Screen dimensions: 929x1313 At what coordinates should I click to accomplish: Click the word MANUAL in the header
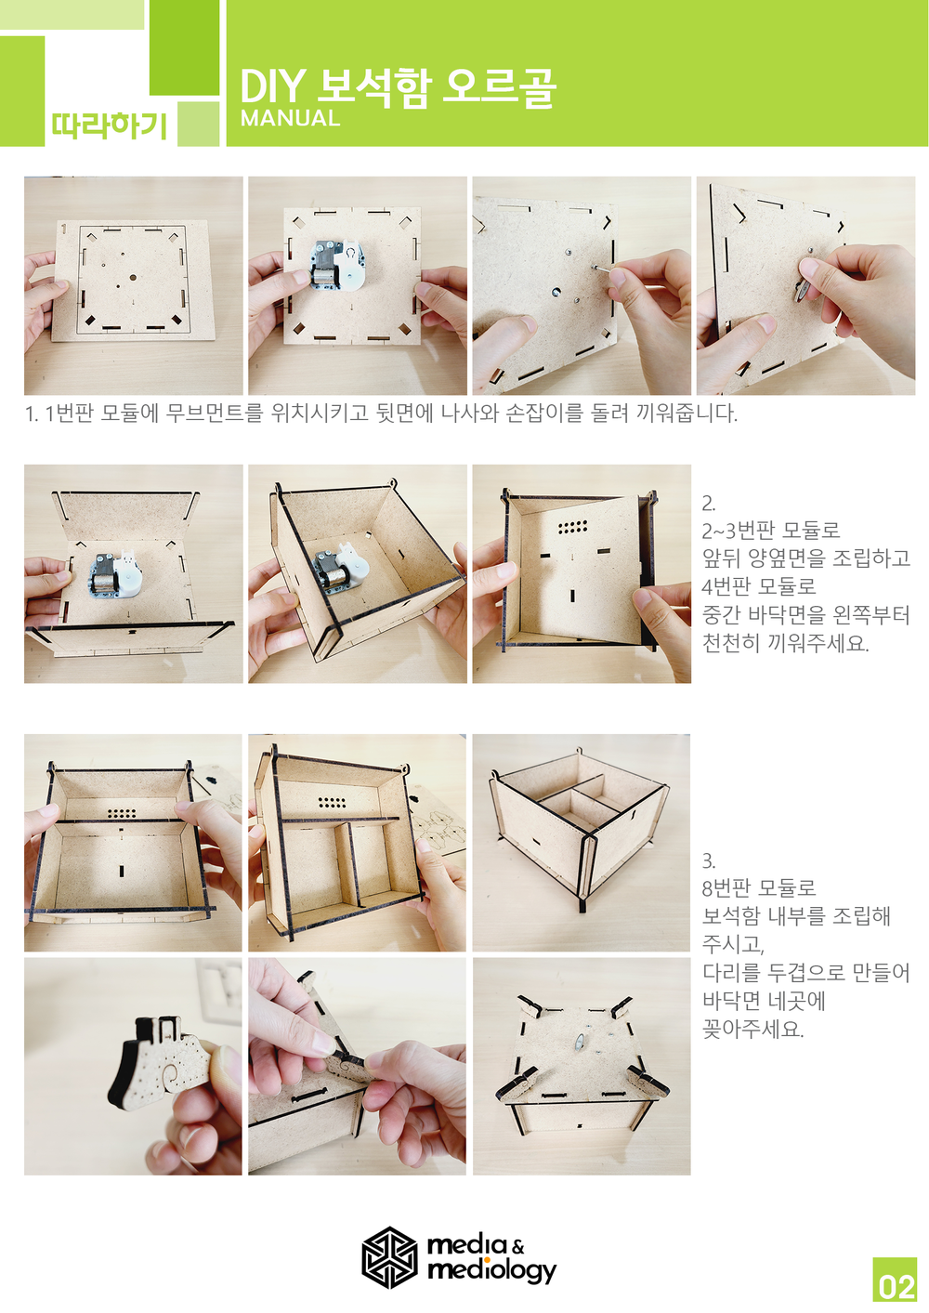click(290, 118)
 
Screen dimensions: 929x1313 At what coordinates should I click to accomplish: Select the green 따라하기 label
click(110, 125)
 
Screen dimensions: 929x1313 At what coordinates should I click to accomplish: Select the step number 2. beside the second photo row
click(709, 504)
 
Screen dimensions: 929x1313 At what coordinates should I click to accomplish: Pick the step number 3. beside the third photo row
click(709, 861)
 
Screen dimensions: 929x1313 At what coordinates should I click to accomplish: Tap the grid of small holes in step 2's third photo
click(572, 527)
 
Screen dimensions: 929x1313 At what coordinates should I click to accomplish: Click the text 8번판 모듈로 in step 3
click(759, 887)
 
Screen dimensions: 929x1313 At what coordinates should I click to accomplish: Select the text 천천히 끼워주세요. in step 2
click(785, 643)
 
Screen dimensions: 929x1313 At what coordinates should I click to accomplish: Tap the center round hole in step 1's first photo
click(133, 278)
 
